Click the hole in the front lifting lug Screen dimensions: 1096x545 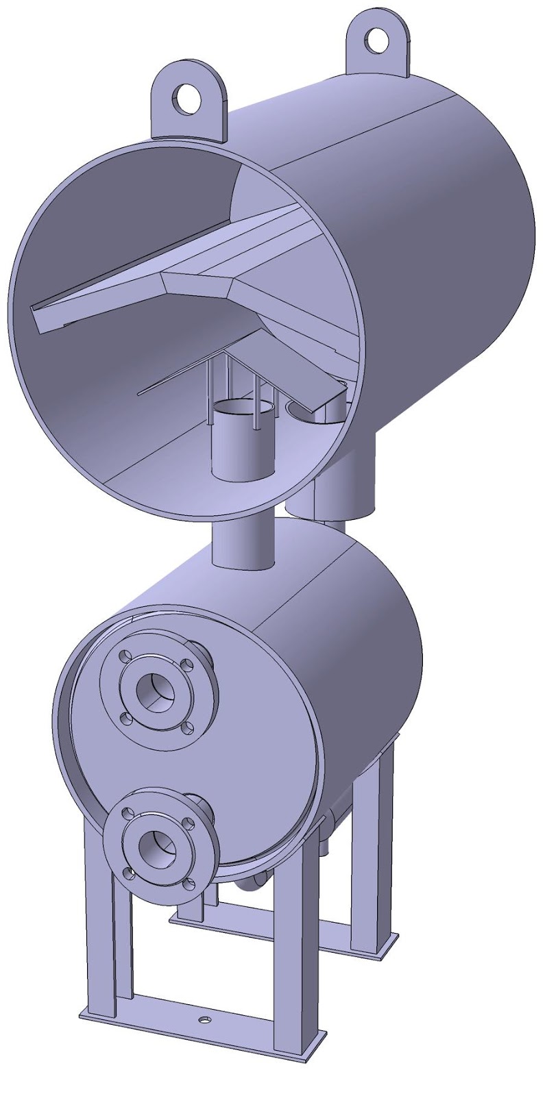pos(186,97)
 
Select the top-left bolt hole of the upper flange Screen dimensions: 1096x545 pos(125,656)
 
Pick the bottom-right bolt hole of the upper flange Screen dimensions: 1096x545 pos(189,727)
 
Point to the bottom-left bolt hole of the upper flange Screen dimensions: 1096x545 pos(125,719)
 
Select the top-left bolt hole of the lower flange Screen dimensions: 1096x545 pos(127,812)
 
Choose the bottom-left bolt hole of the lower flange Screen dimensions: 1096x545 pos(128,873)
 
